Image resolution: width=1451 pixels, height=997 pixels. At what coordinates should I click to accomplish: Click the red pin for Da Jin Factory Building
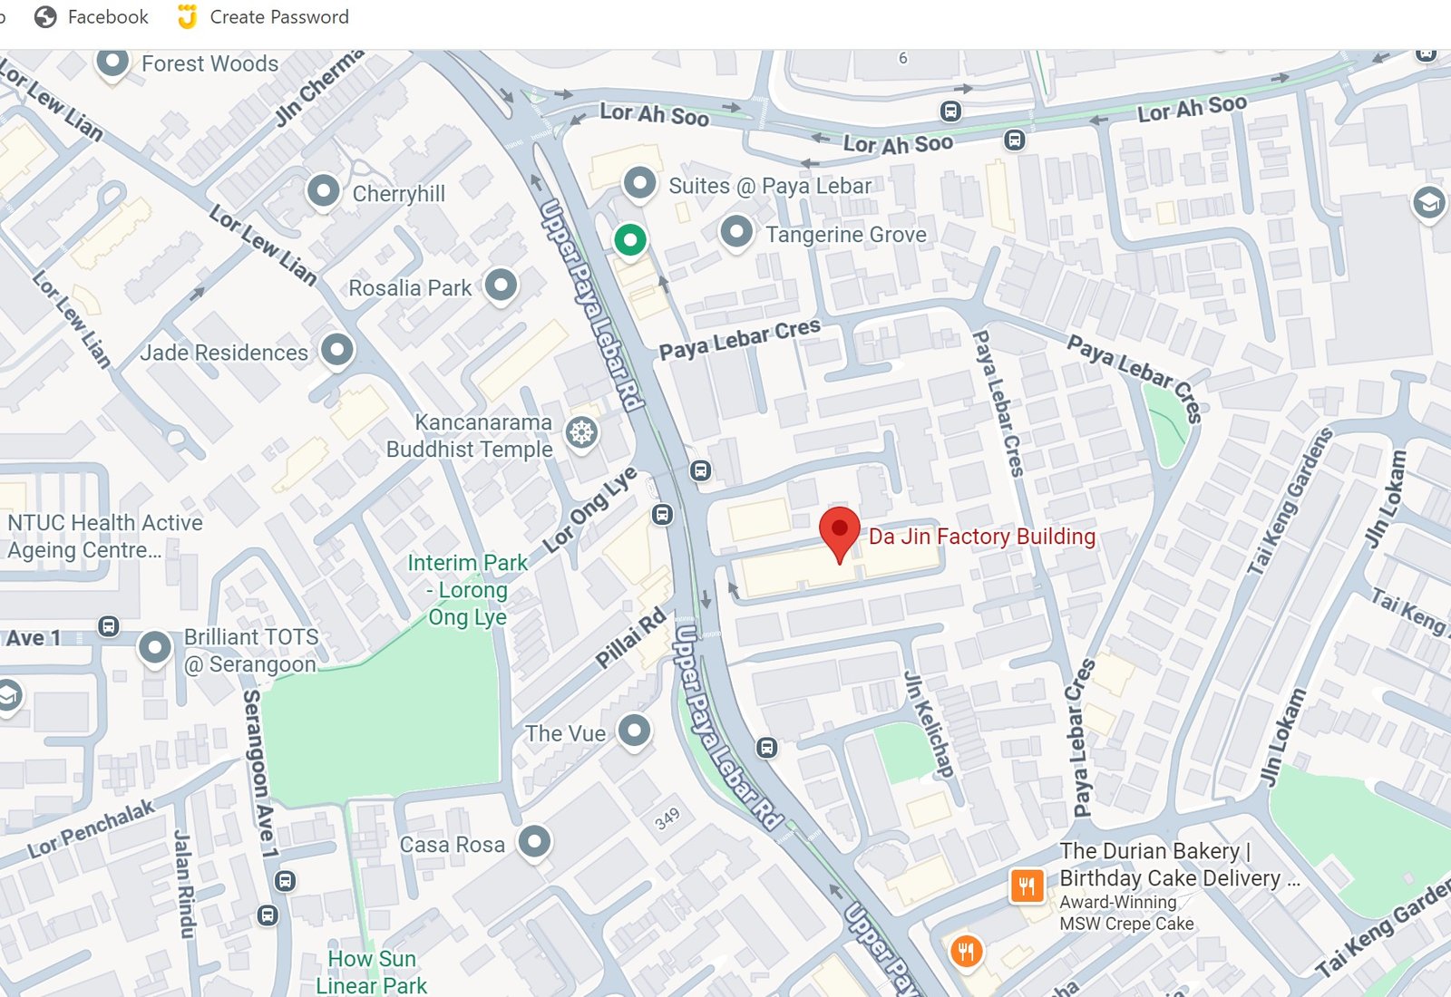(x=839, y=530)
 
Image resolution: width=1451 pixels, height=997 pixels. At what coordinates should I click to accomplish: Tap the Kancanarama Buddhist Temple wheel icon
(x=581, y=432)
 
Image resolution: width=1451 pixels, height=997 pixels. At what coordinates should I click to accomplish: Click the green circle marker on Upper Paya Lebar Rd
(x=629, y=240)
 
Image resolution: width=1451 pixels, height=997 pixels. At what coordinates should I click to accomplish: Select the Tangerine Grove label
(x=845, y=235)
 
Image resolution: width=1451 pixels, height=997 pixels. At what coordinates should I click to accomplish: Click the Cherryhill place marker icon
(x=323, y=191)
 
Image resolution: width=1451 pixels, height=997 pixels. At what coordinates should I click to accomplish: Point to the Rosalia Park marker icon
(x=501, y=286)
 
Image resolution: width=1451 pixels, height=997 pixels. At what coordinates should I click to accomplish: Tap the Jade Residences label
(x=223, y=353)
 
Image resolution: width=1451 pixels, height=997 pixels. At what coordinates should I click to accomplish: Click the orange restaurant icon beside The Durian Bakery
(x=1026, y=886)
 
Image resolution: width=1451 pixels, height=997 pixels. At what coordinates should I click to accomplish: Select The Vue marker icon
(x=634, y=730)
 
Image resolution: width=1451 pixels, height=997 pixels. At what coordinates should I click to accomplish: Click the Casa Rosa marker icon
(x=534, y=842)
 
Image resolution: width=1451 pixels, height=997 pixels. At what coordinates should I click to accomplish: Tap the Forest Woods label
(x=209, y=63)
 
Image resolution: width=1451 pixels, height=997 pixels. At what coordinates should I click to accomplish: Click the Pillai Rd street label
(x=630, y=639)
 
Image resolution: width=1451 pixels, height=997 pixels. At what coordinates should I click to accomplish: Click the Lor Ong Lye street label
(x=589, y=510)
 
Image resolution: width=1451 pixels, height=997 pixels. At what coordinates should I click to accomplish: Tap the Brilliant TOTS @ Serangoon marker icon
(x=154, y=648)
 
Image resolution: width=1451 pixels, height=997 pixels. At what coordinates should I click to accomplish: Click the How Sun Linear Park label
(x=371, y=972)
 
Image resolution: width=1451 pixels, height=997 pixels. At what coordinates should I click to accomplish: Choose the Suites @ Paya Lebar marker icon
(x=639, y=183)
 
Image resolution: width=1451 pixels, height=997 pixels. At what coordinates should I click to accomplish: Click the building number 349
(x=667, y=819)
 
